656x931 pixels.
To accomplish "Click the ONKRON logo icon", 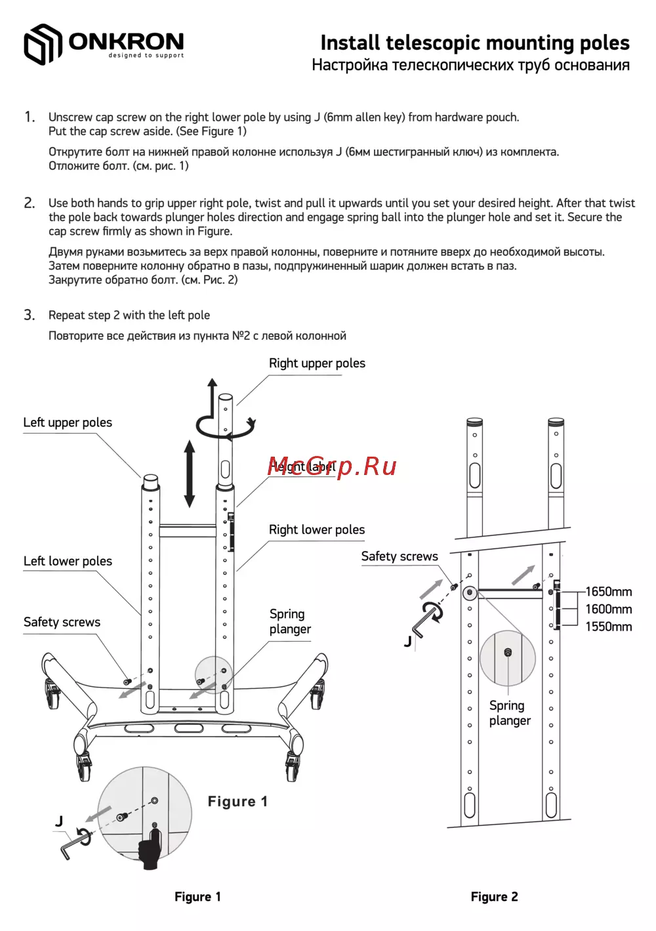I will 43,44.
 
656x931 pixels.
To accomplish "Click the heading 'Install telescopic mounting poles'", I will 474,43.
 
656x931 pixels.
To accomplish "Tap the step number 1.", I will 29,117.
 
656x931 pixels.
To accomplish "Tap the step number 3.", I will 29,316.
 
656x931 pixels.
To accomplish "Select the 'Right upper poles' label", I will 317,363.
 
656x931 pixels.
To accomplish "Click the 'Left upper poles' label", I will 68,423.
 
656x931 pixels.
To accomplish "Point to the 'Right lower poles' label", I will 317,530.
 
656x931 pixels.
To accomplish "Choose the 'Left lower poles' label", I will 68,562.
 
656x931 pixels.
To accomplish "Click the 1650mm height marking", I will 608,592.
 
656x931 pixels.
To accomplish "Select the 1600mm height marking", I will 608,610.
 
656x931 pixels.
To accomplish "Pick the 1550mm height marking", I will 608,627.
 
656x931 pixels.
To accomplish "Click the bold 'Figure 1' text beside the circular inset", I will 237,802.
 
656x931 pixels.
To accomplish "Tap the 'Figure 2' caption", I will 494,897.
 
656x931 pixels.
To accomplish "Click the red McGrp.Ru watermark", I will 332,466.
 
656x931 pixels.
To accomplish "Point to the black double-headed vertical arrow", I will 190,474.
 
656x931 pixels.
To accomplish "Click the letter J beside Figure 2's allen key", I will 408,642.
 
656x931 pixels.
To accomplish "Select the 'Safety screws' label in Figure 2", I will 400,557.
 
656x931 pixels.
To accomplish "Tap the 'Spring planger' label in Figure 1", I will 290,622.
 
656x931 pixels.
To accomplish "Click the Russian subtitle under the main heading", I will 470,66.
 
